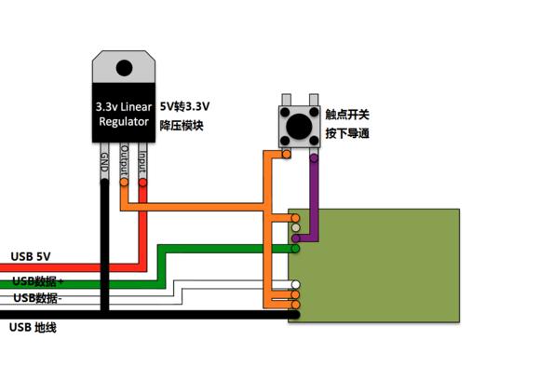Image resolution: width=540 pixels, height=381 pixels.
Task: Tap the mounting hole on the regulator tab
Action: (x=124, y=66)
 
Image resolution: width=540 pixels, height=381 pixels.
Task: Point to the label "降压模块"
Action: (x=182, y=124)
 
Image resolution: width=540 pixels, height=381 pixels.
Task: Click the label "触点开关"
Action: (x=347, y=115)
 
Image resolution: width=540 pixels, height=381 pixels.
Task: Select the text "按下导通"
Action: (x=347, y=133)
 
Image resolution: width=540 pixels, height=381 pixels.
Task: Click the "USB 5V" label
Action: (x=31, y=256)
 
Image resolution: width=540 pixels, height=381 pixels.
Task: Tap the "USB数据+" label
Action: (x=38, y=280)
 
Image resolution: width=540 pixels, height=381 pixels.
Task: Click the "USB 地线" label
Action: (x=33, y=327)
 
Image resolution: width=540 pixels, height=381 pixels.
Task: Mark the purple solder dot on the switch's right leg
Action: (x=315, y=158)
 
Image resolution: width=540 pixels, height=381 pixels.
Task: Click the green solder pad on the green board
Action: (x=295, y=249)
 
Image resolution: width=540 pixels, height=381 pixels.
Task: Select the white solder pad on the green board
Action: (x=296, y=284)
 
